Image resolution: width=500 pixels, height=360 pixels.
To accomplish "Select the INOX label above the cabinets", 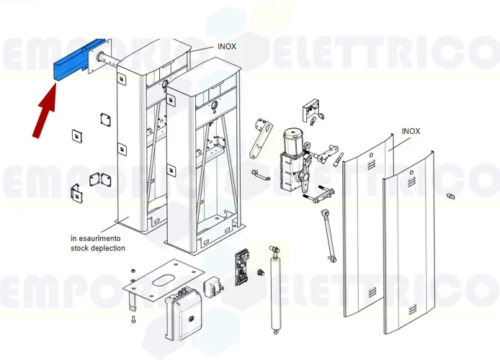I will [x=227, y=46].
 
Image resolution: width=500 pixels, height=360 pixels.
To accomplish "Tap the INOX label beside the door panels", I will [x=411, y=131].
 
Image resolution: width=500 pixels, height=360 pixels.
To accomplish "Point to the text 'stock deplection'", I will [x=97, y=248].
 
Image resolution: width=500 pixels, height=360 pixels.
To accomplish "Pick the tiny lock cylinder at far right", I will [x=451, y=196].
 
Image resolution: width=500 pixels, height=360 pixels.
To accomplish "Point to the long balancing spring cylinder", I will [x=275, y=288].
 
